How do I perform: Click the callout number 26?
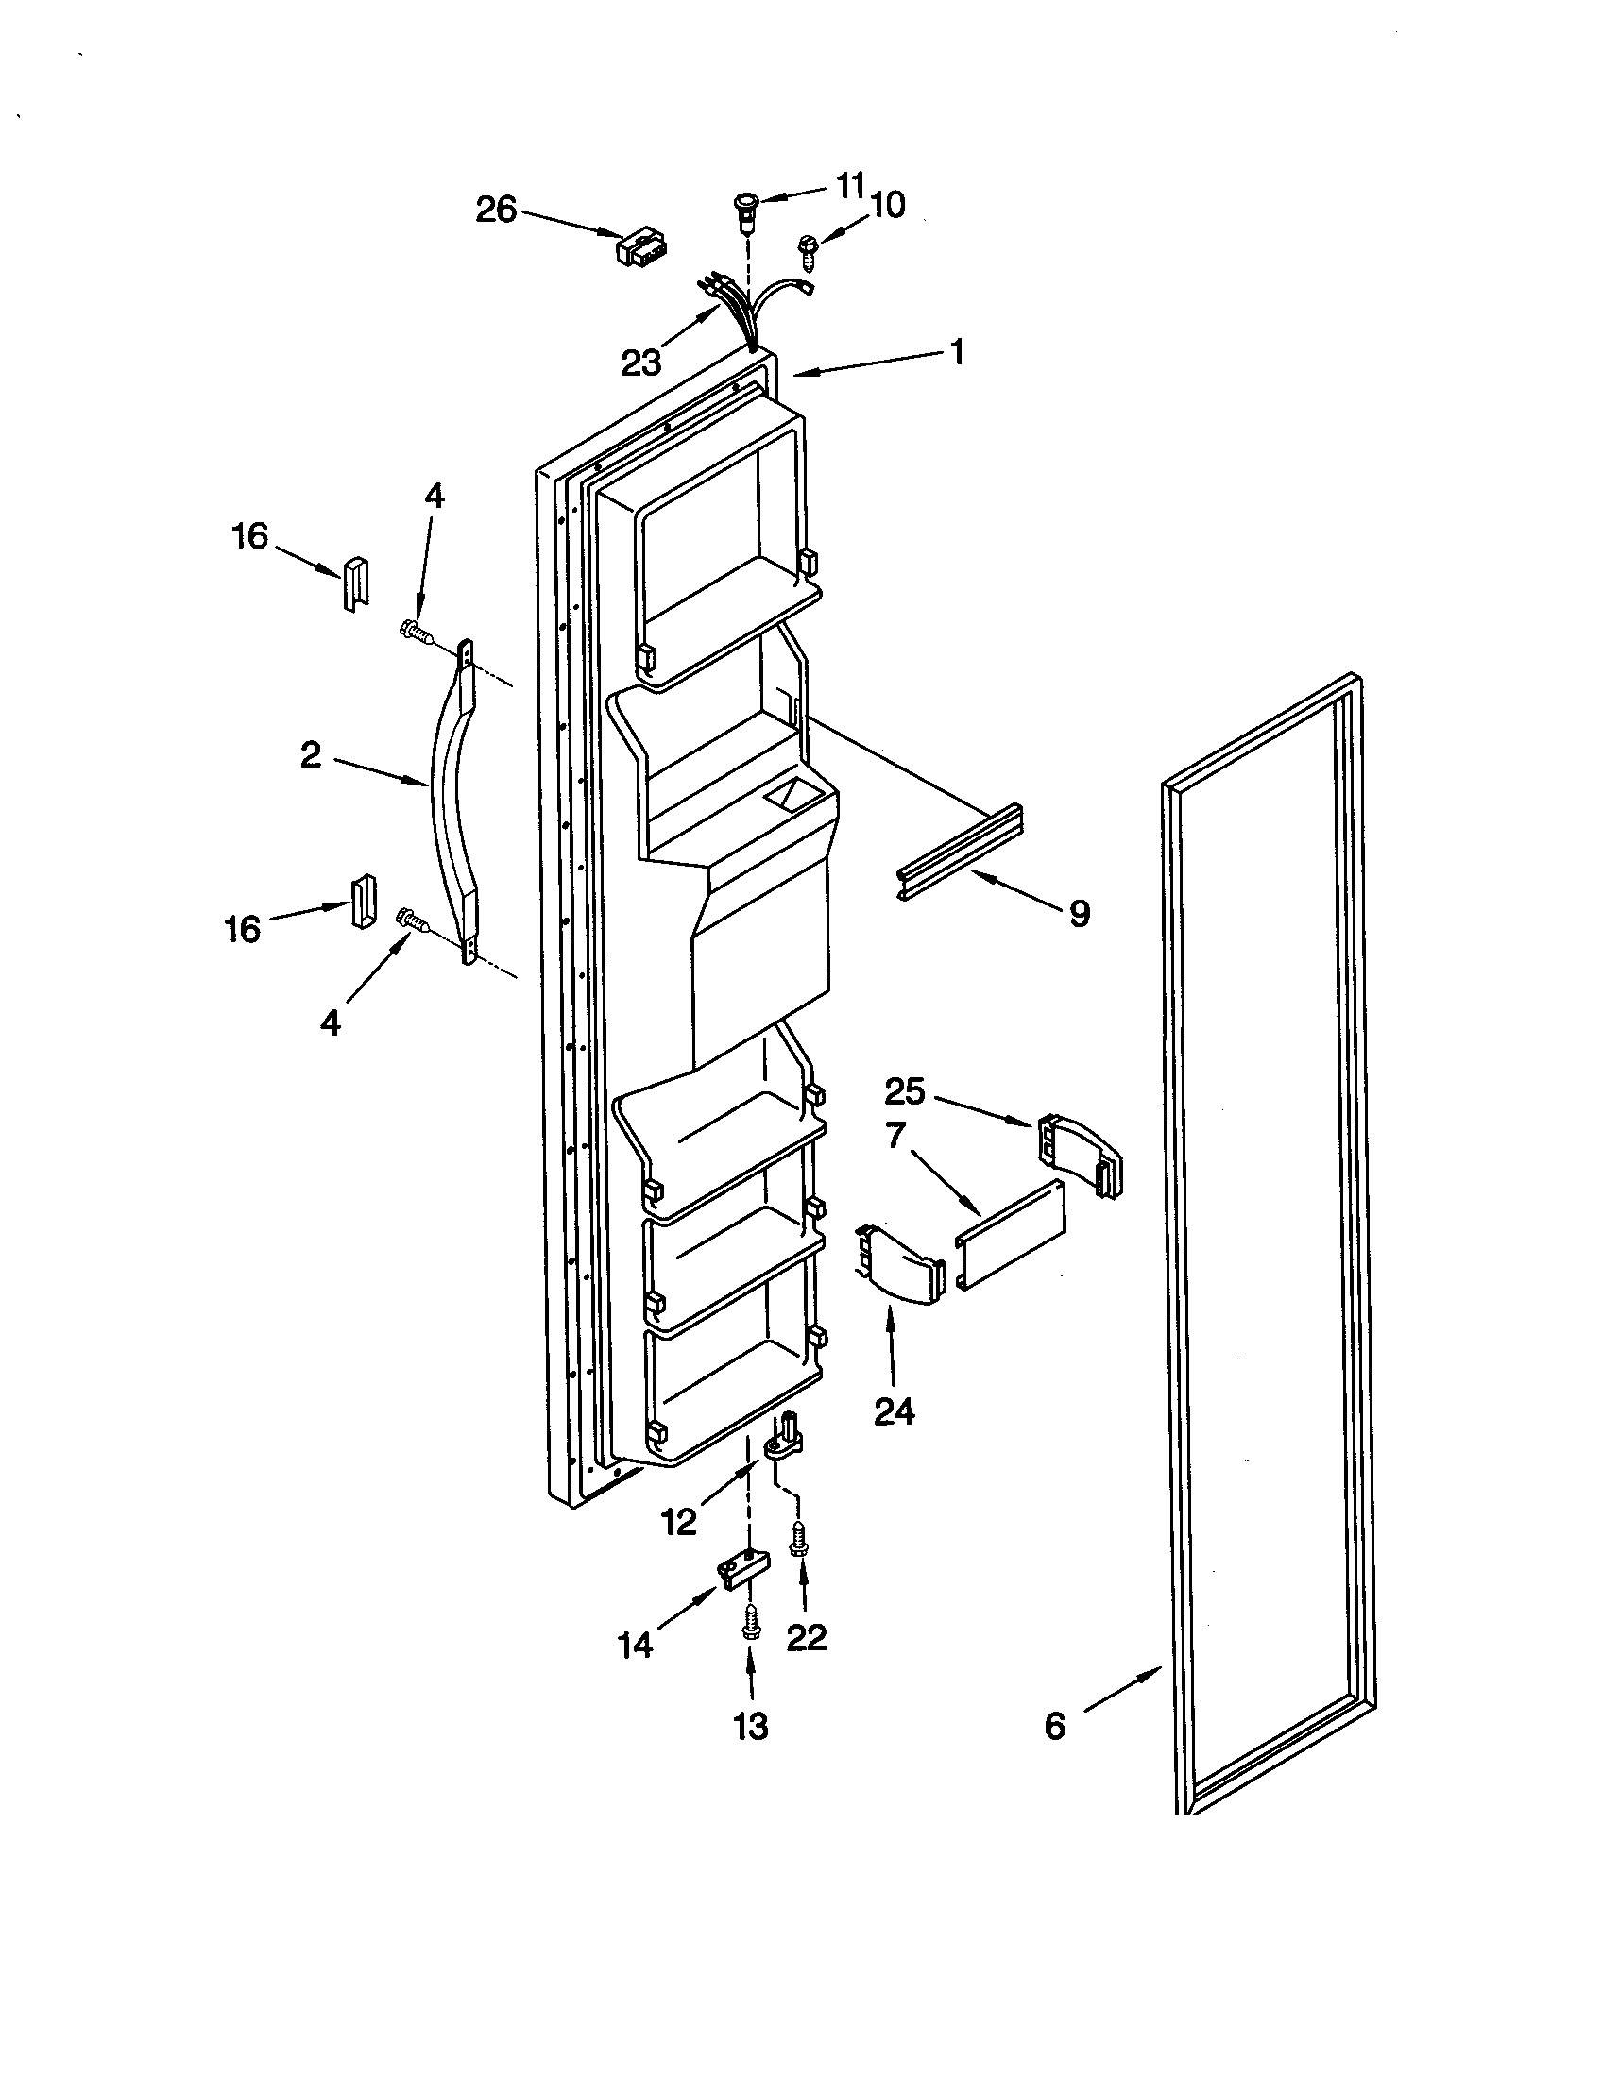[x=496, y=210]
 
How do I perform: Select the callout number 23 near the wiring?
[x=640, y=363]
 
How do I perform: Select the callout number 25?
[x=905, y=1091]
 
